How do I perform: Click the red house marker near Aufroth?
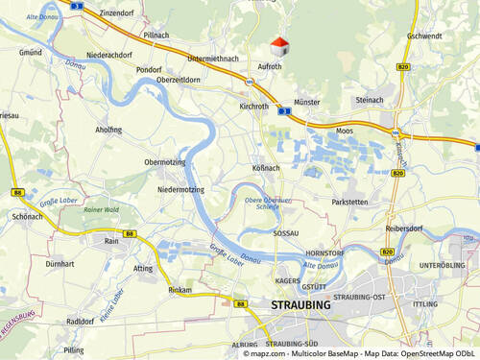278,46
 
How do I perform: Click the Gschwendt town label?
423,36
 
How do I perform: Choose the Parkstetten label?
349,203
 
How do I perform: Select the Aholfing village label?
108,130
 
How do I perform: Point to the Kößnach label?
266,167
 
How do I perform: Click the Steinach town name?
370,99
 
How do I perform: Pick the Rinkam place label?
180,289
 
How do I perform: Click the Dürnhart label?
60,262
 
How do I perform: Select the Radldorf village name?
81,322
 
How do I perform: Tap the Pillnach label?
156,35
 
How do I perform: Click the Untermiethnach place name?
213,59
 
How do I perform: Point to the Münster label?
307,102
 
